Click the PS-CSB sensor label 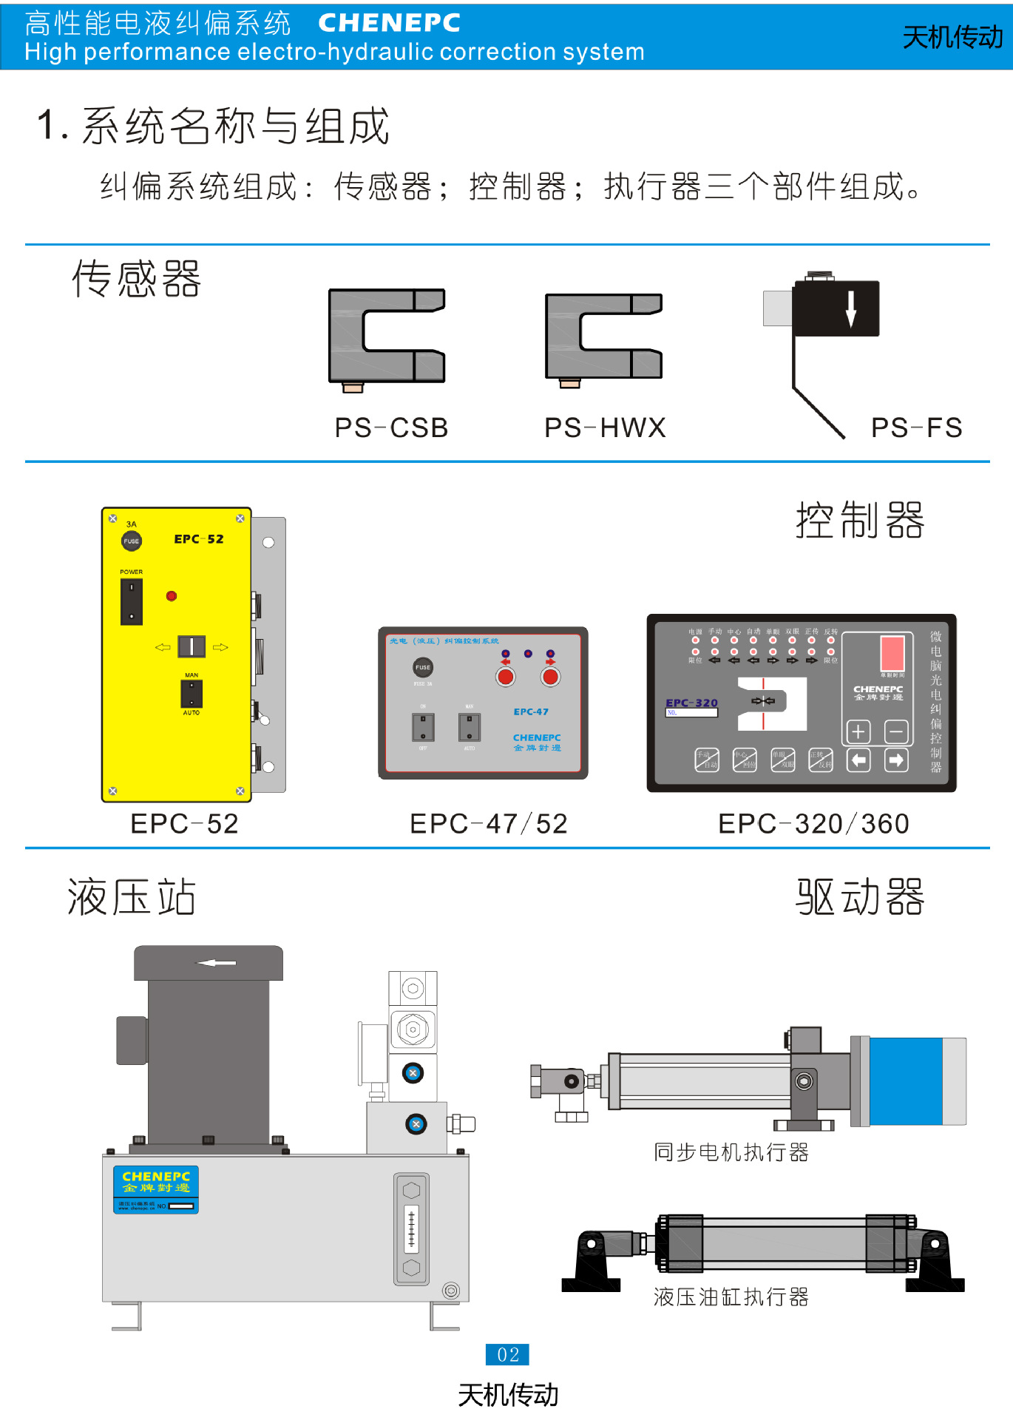(x=391, y=427)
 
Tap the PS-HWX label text (x=605, y=427)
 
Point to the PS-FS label (x=916, y=427)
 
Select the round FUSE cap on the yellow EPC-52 (x=132, y=541)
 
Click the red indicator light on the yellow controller (x=172, y=596)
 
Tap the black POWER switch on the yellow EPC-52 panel (x=132, y=601)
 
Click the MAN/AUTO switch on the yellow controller (x=192, y=694)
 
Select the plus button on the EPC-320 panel (x=858, y=732)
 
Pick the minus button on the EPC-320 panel (x=896, y=732)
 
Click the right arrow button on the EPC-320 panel (x=896, y=760)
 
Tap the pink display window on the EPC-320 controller (x=892, y=653)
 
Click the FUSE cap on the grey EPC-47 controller (x=423, y=667)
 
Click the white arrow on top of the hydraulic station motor (x=215, y=963)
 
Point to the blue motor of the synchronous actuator (x=906, y=1081)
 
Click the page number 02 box (x=507, y=1354)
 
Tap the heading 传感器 (x=137, y=280)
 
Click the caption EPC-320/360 (x=813, y=824)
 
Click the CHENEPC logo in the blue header (x=389, y=23)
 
